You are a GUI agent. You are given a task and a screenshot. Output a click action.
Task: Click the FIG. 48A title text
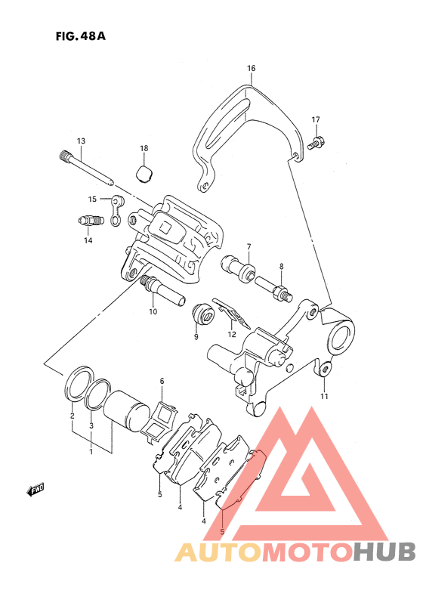pos(80,36)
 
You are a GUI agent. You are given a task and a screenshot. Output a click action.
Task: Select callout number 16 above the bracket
pos(251,69)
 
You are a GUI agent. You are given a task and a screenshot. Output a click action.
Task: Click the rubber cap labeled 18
pos(145,173)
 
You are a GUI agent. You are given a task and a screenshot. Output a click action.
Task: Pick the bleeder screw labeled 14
pos(89,221)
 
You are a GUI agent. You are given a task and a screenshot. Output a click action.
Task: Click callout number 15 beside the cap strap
pos(93,199)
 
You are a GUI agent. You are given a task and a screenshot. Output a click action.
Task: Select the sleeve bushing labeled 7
pos(238,269)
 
